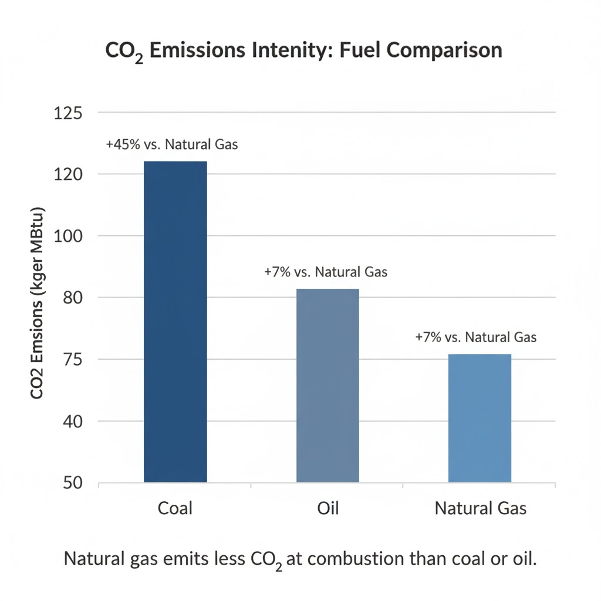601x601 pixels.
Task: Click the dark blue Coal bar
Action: [175, 322]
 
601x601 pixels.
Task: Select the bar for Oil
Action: [327, 386]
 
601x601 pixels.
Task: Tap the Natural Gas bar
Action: [480, 418]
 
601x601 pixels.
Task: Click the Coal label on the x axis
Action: [175, 507]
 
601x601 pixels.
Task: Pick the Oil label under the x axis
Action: [327, 507]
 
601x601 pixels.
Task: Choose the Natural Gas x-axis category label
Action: [481, 507]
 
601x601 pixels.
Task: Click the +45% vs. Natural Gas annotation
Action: [172, 144]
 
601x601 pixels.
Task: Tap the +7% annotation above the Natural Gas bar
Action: [475, 337]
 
